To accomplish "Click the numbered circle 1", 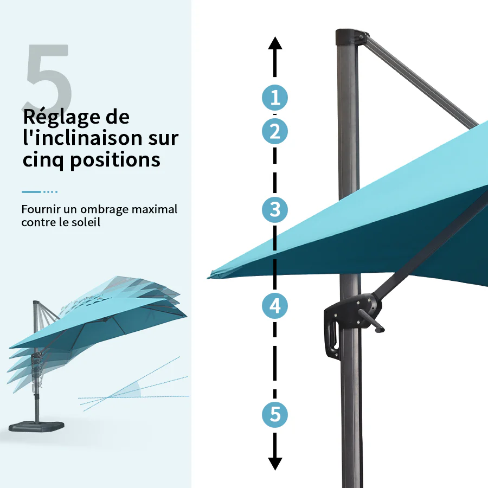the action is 275,98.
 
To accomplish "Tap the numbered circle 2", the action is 275,131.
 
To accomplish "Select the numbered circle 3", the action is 275,209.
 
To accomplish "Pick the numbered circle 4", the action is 275,306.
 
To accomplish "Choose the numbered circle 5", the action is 275,414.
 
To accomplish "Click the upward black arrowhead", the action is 275,43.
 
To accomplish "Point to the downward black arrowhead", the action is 275,464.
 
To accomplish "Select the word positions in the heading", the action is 115,160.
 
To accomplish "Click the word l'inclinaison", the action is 82,138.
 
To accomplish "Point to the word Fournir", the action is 41,209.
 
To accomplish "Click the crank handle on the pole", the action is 371,320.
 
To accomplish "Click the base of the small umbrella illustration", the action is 36,426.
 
